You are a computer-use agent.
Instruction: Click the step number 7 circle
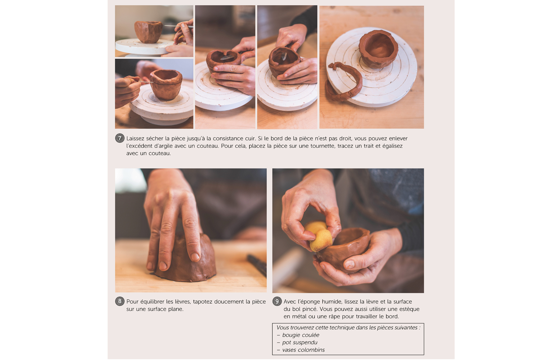point(120,138)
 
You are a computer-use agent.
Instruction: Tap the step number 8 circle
point(120,301)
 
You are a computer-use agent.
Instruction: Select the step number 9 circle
point(277,301)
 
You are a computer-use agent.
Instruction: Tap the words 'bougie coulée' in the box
point(301,335)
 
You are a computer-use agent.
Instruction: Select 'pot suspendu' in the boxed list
point(300,342)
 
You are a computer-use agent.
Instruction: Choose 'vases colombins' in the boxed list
point(303,350)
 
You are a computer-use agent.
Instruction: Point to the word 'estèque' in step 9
point(409,309)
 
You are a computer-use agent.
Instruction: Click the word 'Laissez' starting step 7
point(135,138)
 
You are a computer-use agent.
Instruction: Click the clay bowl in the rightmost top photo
point(378,49)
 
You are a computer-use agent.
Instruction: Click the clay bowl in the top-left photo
point(148,32)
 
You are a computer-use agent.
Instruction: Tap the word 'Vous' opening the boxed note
point(282,328)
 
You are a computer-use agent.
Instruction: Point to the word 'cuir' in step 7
point(250,138)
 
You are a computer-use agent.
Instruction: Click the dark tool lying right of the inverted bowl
point(257,265)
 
